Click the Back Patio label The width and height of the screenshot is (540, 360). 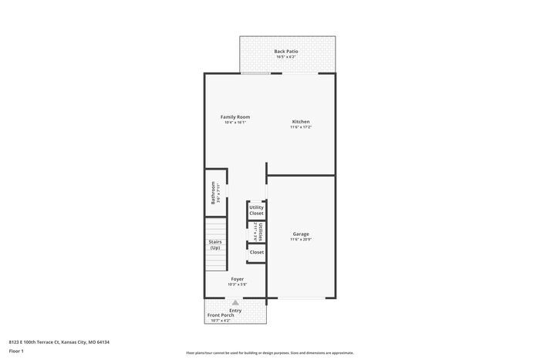coord(286,51)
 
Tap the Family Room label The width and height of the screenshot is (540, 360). coord(235,117)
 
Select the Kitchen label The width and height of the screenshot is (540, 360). coord(301,121)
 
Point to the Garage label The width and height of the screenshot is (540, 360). coord(301,234)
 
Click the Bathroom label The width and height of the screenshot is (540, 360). coord(214,193)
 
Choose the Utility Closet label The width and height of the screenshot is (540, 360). coord(257,210)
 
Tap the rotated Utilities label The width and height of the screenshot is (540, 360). coord(262,231)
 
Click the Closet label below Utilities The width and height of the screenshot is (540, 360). coord(257,252)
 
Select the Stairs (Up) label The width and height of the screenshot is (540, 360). coord(215,244)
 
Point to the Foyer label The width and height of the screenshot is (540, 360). coord(237,279)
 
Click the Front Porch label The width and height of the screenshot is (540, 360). coord(221,315)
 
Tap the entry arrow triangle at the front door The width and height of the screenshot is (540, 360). coord(235,304)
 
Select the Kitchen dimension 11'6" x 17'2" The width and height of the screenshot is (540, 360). coord(301,127)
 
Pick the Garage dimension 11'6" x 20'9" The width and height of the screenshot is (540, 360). coord(301,240)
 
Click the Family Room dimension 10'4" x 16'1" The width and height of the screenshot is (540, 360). coord(235,123)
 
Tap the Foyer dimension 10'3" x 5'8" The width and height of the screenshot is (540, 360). coord(237,284)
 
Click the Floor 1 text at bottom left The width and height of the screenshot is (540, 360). coord(17,351)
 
